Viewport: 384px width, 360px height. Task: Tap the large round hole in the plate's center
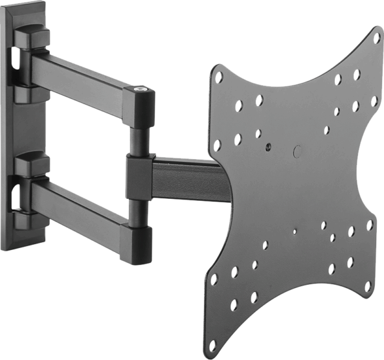click(x=298, y=150)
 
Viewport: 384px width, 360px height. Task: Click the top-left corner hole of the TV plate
click(x=219, y=77)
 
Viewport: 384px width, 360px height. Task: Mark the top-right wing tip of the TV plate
click(x=376, y=33)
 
